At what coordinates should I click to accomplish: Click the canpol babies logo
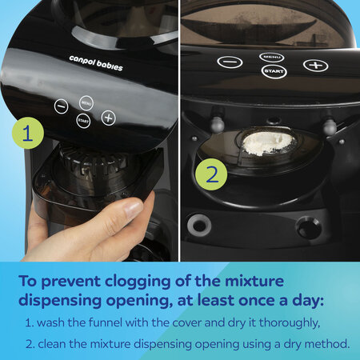[x=96, y=63]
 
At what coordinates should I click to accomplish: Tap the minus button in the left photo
[x=61, y=106]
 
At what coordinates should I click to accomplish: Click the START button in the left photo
[x=83, y=121]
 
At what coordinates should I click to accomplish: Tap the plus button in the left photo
[x=108, y=118]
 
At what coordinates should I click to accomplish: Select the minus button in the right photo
[x=230, y=62]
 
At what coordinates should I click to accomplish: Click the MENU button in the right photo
[x=272, y=57]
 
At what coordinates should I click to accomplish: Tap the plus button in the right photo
[x=316, y=65]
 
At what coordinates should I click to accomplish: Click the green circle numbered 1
[x=28, y=133]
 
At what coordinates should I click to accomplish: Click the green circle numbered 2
[x=211, y=174]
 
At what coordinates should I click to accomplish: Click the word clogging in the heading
[x=138, y=282]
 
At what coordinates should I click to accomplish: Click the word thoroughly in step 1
[x=290, y=323]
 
